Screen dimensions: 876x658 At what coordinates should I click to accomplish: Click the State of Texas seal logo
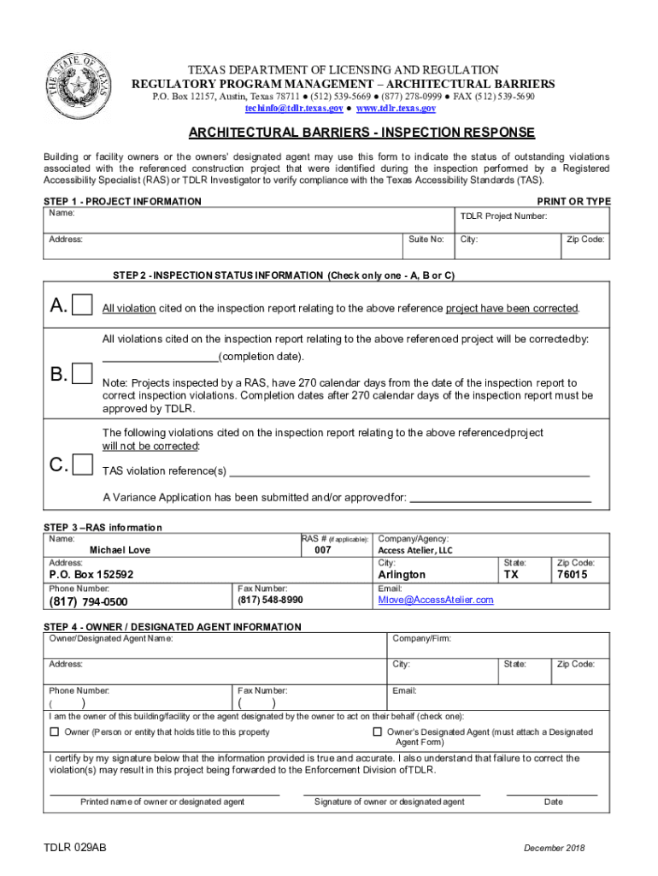[75, 86]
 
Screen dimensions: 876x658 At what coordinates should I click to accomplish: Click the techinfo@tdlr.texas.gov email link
[295, 109]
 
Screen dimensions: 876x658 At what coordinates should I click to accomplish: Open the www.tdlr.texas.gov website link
[396, 109]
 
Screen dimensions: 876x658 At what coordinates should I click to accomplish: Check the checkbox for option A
[83, 305]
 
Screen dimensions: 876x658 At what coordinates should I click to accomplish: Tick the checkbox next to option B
[83, 374]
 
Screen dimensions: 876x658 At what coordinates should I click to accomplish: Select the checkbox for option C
[83, 465]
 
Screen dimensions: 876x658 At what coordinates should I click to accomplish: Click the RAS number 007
[322, 551]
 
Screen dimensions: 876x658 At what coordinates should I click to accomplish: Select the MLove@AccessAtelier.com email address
[436, 600]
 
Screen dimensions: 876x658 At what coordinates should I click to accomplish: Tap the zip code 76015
[572, 575]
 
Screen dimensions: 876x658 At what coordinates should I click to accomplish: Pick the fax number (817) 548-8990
[270, 601]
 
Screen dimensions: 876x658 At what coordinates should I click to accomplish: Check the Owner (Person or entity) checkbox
[55, 731]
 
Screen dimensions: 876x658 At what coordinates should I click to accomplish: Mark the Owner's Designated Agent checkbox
[377, 731]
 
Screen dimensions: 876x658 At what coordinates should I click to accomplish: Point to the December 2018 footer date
[554, 848]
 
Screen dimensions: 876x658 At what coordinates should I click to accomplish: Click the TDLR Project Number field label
[503, 216]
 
